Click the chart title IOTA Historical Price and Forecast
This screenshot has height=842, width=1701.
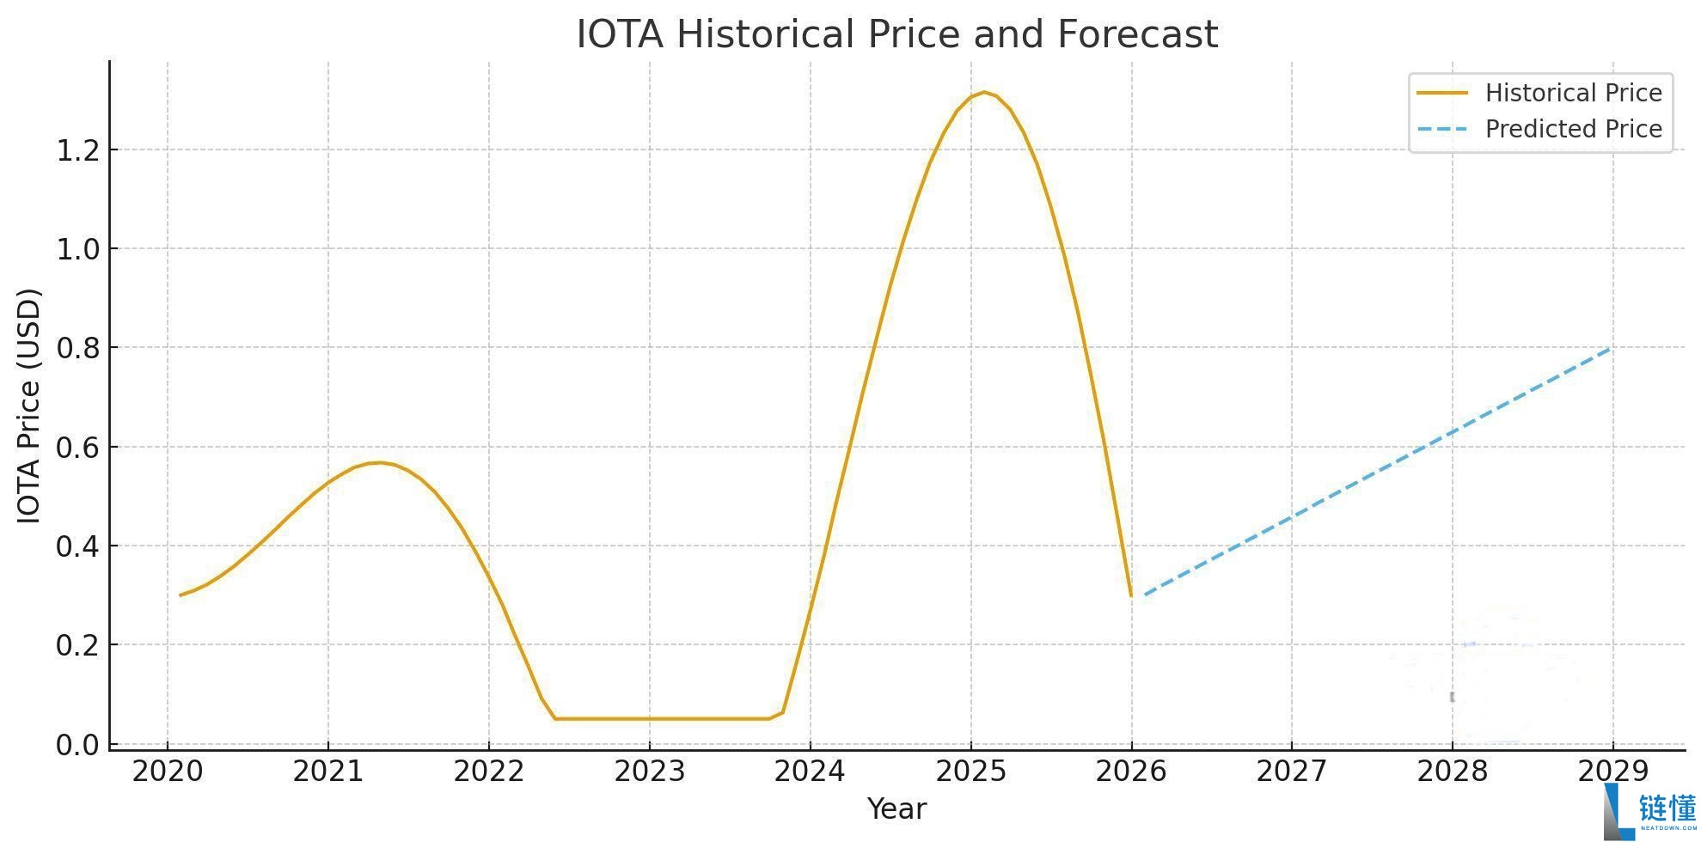click(896, 34)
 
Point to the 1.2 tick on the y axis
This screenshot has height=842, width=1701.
click(77, 150)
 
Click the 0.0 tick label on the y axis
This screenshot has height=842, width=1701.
click(77, 744)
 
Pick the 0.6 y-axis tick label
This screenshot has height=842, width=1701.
click(77, 447)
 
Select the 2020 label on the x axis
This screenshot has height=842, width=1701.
click(168, 772)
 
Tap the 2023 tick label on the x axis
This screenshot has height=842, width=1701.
click(650, 772)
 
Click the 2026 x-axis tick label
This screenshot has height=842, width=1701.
click(1131, 772)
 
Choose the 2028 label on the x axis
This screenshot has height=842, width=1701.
click(1453, 772)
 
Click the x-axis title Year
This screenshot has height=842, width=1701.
click(896, 808)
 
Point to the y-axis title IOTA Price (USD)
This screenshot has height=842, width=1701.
click(29, 406)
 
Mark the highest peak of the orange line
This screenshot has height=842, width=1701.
click(984, 92)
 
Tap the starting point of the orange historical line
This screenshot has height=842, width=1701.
click(181, 595)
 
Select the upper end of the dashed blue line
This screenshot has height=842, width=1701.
click(1610, 348)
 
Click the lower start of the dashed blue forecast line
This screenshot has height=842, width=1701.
click(1145, 594)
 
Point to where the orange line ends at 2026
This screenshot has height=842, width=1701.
click(1130, 595)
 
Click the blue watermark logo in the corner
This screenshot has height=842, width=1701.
click(1649, 811)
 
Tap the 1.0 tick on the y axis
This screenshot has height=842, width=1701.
click(77, 249)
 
